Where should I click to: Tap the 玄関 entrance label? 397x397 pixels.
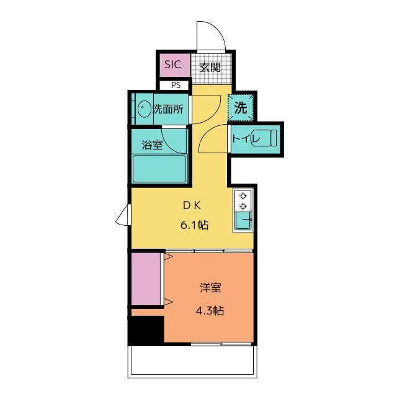point(210,67)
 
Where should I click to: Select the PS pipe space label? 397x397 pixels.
point(176,86)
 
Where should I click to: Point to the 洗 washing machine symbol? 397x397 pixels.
point(240,107)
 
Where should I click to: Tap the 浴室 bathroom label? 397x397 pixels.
point(151,146)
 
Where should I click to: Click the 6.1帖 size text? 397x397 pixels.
point(194,225)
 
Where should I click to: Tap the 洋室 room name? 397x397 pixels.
point(210,288)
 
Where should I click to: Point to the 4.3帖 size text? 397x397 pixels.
point(210,311)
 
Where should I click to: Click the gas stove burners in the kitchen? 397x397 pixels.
point(243,200)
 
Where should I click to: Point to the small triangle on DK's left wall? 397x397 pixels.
point(122,217)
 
